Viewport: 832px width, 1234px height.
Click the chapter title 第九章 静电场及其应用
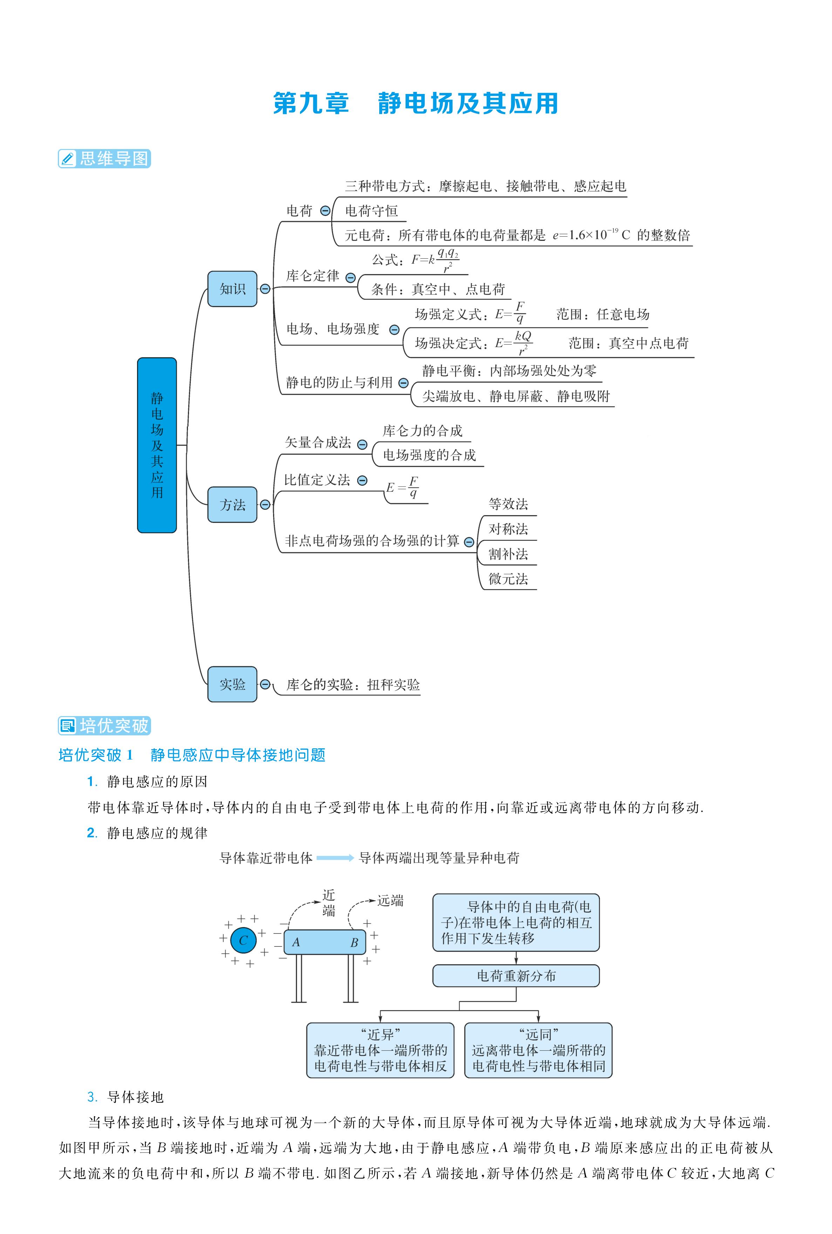(415, 103)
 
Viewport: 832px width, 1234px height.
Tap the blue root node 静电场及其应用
(157, 445)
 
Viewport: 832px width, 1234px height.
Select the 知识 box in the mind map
(232, 289)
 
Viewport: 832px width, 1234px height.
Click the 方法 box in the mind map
(232, 504)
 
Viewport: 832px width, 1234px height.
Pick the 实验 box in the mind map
(232, 684)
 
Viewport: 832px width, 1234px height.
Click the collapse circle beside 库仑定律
(350, 278)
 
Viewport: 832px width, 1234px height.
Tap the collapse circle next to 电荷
(325, 211)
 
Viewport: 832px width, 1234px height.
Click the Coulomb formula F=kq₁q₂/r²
(435, 260)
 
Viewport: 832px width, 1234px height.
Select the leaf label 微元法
(508, 579)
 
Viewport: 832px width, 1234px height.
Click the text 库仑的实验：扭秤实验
(353, 685)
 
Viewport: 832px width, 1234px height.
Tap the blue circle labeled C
(244, 940)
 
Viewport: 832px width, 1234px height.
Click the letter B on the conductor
(354, 943)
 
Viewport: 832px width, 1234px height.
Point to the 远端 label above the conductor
(390, 900)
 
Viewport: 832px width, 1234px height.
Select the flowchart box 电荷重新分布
(516, 976)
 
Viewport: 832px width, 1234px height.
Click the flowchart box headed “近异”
(380, 1050)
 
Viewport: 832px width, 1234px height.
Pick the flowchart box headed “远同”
(538, 1050)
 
